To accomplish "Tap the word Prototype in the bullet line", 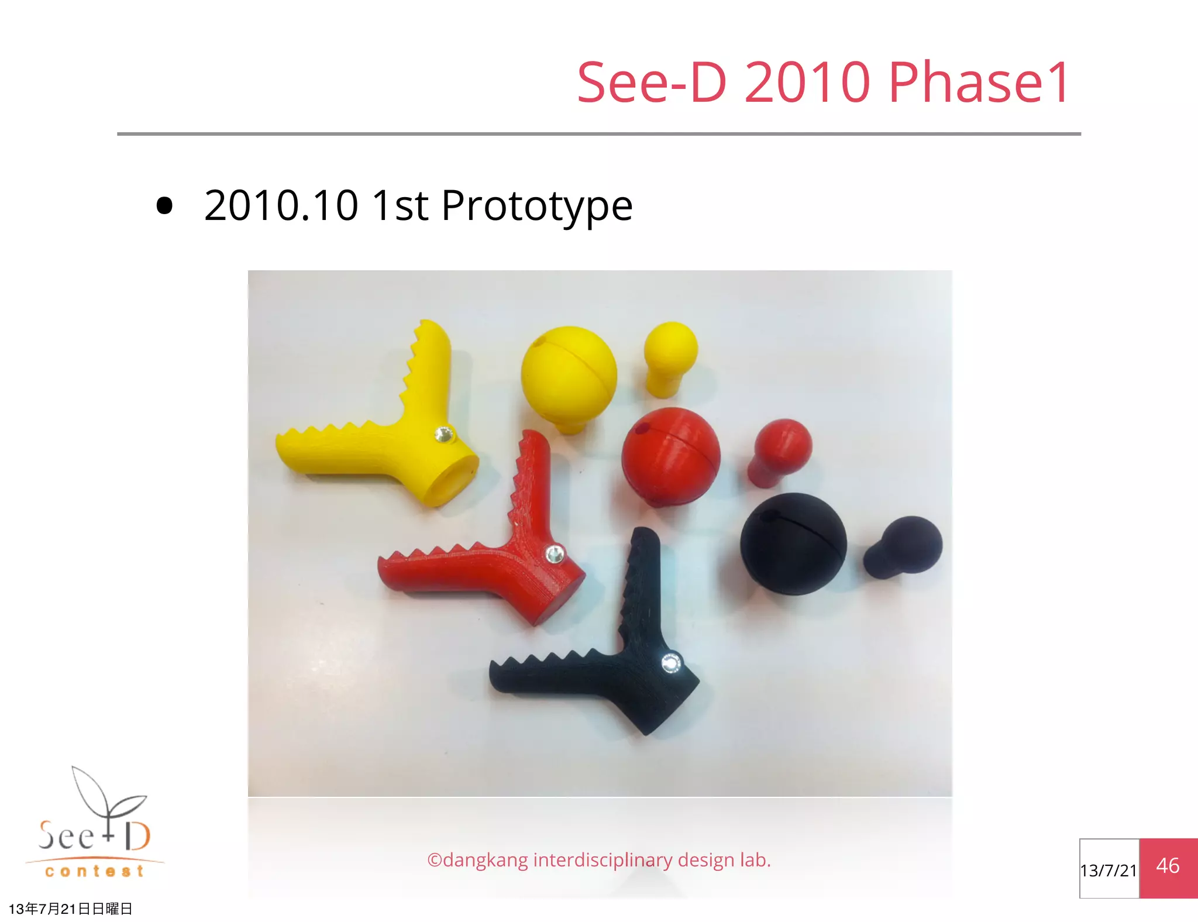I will (536, 207).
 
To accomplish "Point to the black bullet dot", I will (165, 206).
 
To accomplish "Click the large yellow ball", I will (569, 371).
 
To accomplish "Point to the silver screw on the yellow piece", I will (443, 435).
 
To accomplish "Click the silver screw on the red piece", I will (554, 554).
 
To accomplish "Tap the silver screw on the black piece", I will (670, 664).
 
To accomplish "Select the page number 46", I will (1168, 866).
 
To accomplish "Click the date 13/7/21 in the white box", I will (1109, 871).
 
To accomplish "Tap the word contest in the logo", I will (94, 871).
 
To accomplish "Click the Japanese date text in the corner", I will (71, 909).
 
